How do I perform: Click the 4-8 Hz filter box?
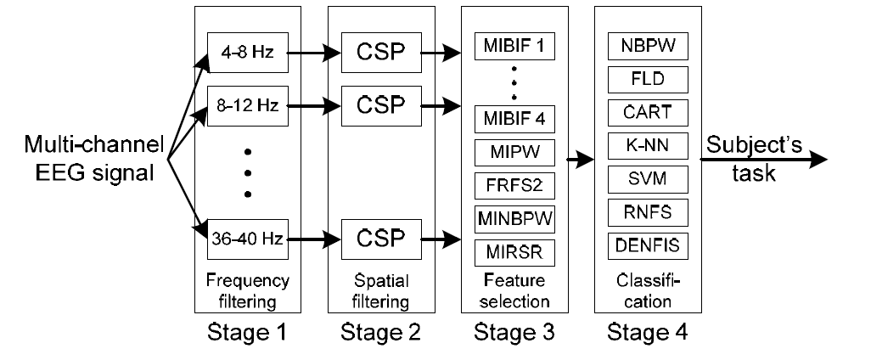click(x=248, y=53)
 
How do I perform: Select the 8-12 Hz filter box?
click(x=248, y=108)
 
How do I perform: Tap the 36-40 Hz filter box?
click(x=248, y=239)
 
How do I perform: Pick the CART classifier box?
click(x=648, y=111)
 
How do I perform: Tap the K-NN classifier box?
click(x=648, y=145)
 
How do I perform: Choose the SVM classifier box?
click(x=648, y=178)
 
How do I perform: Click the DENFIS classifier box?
click(x=648, y=246)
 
